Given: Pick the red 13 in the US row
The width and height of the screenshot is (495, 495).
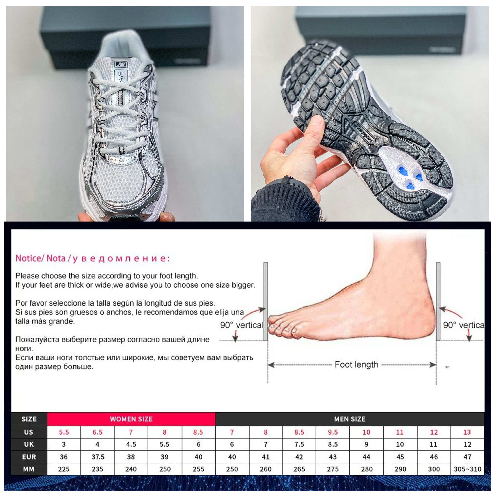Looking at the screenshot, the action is click(467, 432).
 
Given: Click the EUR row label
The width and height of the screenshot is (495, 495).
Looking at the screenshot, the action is click(29, 457).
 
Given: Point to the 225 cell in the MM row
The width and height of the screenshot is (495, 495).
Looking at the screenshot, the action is click(64, 469).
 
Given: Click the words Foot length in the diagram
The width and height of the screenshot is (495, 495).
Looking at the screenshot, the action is click(356, 365).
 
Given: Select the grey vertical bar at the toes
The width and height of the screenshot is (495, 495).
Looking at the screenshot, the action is click(266, 301).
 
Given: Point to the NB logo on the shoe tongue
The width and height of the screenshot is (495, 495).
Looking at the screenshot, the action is click(121, 65).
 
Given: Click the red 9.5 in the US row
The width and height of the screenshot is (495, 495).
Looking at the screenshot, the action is click(333, 432).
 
